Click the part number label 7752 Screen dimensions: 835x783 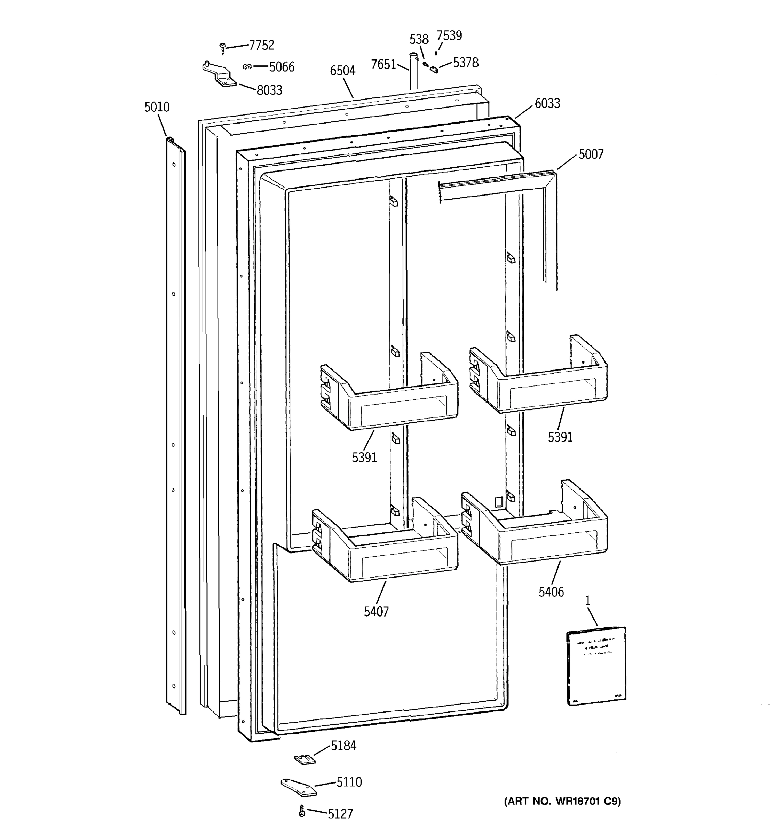pyautogui.click(x=261, y=45)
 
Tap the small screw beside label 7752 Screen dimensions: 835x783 pyautogui.click(x=223, y=48)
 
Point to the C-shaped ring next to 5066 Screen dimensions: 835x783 pyautogui.click(x=247, y=66)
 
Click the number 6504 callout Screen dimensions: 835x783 pyautogui.click(x=342, y=71)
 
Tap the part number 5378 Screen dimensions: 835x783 pyautogui.click(x=465, y=63)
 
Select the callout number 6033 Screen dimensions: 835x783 pyautogui.click(x=547, y=103)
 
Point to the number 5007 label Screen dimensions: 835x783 pyautogui.click(x=591, y=154)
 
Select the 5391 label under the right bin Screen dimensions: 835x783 pyautogui.click(x=560, y=437)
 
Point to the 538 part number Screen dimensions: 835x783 pyautogui.click(x=418, y=39)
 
